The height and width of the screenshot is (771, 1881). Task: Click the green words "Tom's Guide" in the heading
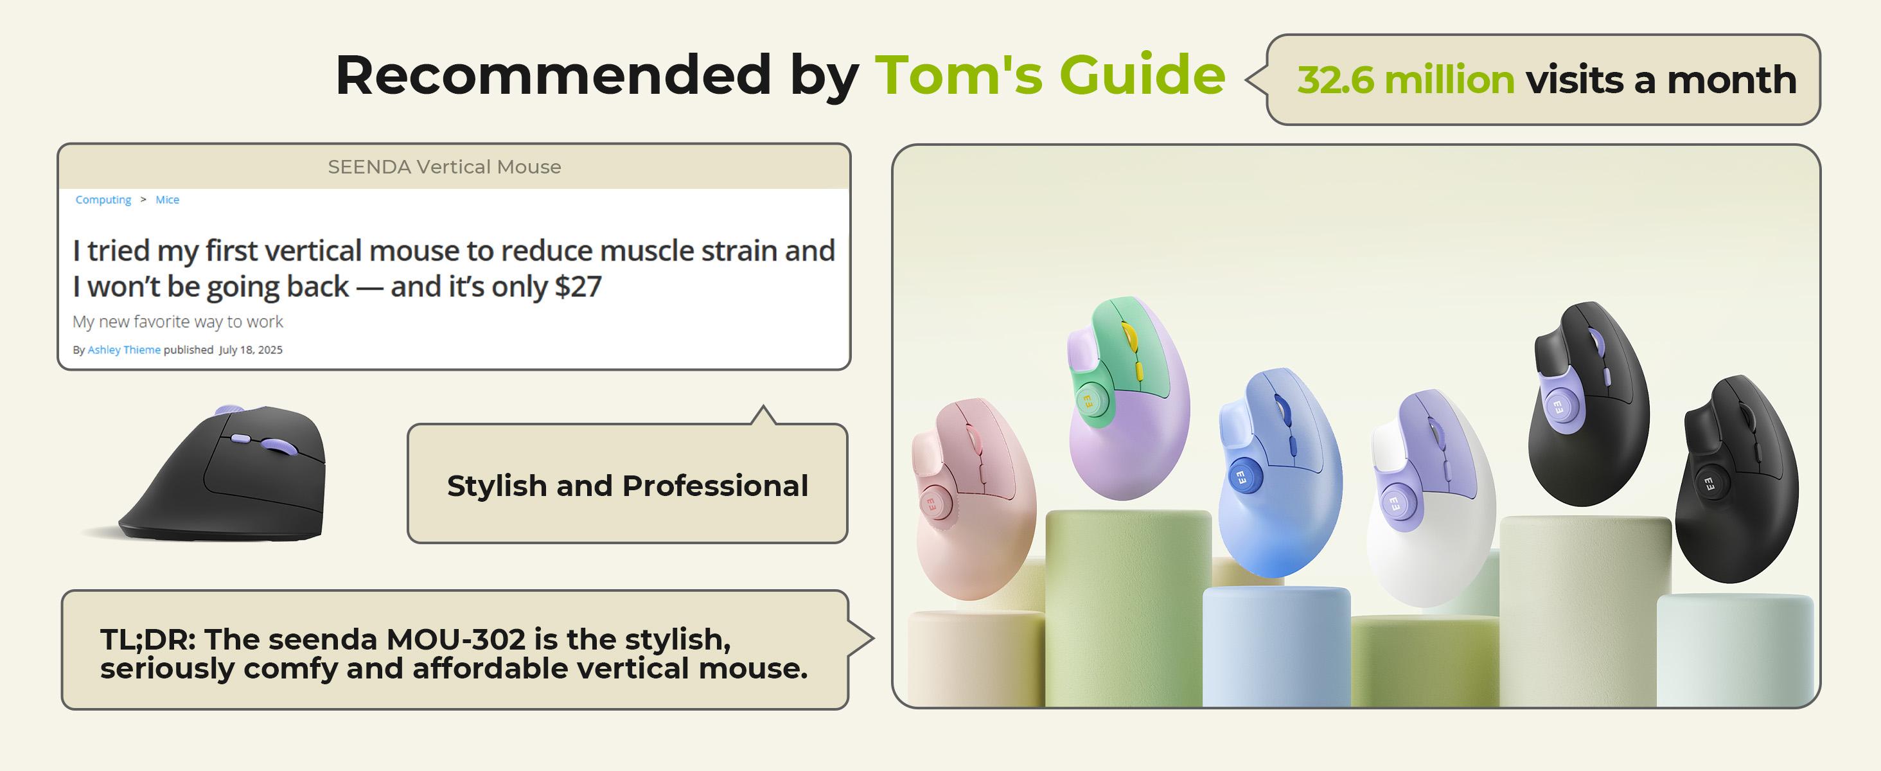1050,75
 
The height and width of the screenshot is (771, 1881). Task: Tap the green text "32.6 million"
1406,80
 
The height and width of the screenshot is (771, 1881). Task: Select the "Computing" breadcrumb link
103,200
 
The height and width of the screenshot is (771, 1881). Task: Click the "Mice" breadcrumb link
167,199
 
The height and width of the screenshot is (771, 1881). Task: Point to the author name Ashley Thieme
124,350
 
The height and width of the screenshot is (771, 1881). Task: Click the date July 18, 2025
251,350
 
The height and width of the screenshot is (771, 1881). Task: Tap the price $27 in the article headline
578,286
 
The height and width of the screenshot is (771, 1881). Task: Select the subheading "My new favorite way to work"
177,321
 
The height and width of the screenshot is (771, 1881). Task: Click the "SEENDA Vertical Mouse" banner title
444,167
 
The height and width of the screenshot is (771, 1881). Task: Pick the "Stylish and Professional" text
627,486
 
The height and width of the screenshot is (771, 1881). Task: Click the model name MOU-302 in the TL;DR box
455,639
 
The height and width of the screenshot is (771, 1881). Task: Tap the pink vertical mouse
973,498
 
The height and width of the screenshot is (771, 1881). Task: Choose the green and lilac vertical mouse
1128,398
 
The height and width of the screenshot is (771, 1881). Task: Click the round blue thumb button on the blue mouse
1241,477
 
